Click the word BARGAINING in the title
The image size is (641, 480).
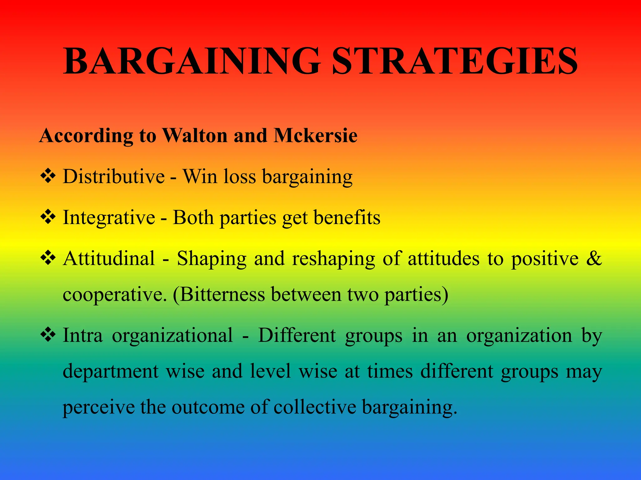[x=192, y=61]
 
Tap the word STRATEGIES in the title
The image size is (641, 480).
[x=454, y=61]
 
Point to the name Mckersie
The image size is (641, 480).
[x=315, y=136]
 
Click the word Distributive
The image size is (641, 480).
[x=114, y=177]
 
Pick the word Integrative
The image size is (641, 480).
[x=109, y=217]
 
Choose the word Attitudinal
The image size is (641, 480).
[x=109, y=258]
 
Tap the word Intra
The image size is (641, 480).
[x=83, y=335]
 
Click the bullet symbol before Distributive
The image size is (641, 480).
[x=48, y=176]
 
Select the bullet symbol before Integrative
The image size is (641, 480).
[x=48, y=217]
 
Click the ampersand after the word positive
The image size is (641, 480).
[x=594, y=258]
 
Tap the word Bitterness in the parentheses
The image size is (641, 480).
[x=223, y=294]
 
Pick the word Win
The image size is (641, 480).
[x=200, y=177]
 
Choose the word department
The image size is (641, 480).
[x=111, y=372]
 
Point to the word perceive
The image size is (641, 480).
[x=98, y=408]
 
